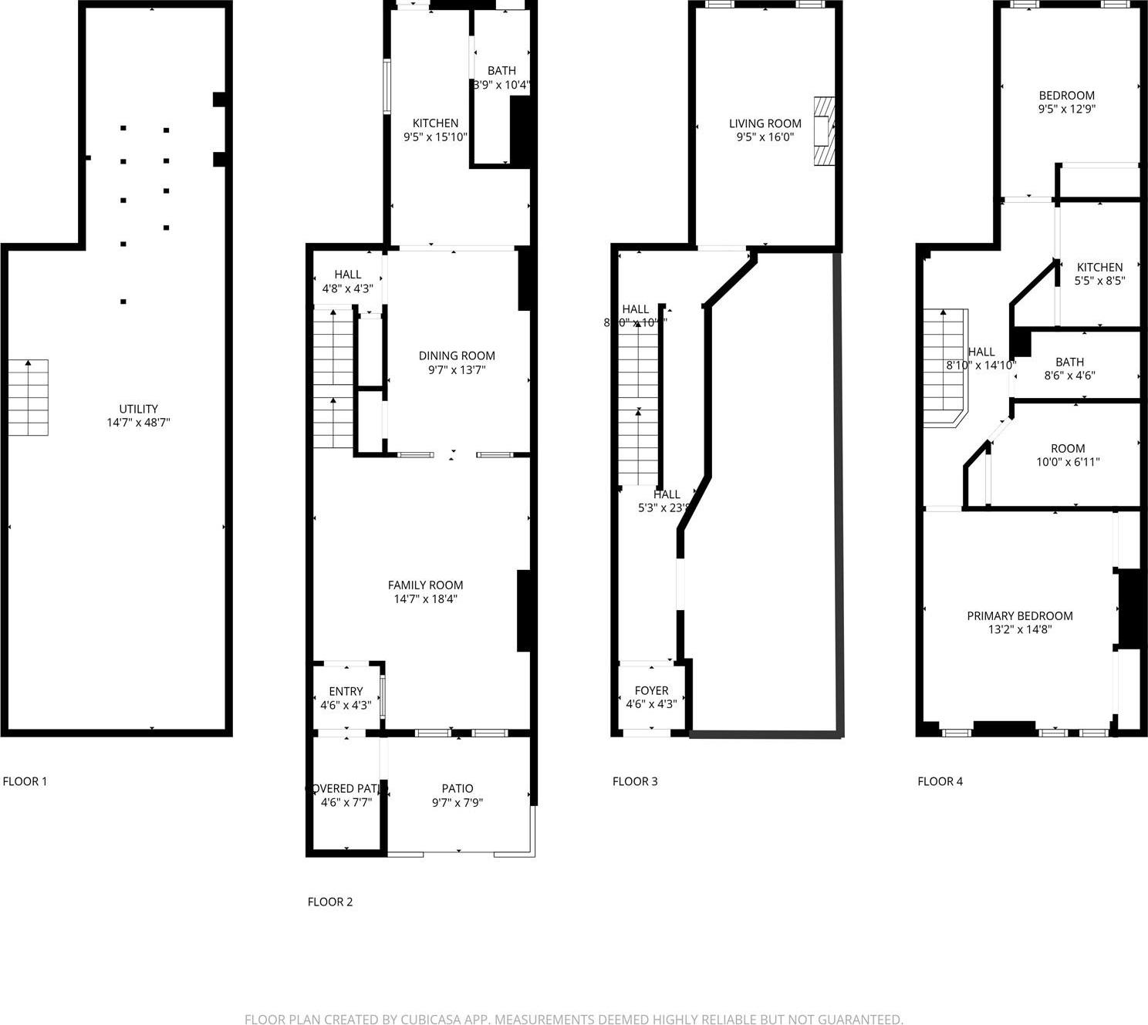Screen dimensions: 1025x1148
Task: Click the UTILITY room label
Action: [x=138, y=409]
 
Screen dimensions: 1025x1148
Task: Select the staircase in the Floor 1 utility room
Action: [x=29, y=397]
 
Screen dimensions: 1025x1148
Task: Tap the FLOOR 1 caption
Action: [x=25, y=781]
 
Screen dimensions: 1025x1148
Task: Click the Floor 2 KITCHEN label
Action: [x=435, y=123]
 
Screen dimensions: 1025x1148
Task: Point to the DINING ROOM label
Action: [x=457, y=356]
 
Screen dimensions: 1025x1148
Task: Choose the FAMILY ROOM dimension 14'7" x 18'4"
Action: [x=425, y=599]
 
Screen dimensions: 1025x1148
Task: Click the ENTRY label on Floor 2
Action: [x=346, y=691]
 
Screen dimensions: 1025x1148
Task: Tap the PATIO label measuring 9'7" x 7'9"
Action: [x=458, y=789]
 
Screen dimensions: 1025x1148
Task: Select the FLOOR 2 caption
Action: [x=330, y=902]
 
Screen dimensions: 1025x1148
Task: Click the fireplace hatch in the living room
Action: [x=825, y=131]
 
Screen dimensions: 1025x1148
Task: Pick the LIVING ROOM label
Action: [x=765, y=123]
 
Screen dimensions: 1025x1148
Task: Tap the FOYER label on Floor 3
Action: [x=651, y=690]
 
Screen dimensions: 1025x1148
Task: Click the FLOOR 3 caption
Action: [x=635, y=781]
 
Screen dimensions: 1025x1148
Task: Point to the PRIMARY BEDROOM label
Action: [x=1020, y=615]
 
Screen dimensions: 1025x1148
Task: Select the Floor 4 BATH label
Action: [x=1069, y=362]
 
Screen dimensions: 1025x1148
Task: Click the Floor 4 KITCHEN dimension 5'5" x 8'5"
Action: [x=1099, y=282]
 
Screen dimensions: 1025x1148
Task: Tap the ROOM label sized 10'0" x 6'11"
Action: [x=1068, y=448]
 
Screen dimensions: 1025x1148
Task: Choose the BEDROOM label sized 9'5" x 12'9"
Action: [x=1066, y=96]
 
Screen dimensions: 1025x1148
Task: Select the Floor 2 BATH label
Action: [x=501, y=71]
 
